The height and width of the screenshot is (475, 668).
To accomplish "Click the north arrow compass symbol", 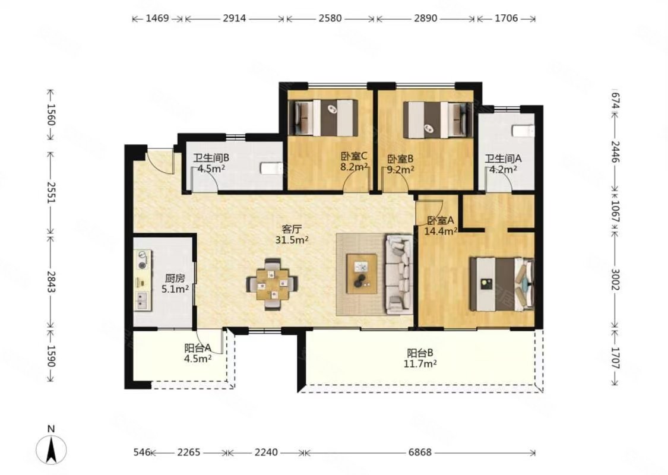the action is pos(51,450).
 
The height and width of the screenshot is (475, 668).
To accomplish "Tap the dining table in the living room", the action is pos(272,284).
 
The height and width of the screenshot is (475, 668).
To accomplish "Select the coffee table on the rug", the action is pos(362,274).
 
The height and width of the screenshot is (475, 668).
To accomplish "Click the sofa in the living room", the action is pos(399,275).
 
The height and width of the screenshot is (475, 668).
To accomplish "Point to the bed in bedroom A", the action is pos(502,284).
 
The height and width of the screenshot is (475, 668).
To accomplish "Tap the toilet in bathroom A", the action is pos(523,131).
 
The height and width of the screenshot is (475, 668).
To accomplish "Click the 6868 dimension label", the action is pos(420,452).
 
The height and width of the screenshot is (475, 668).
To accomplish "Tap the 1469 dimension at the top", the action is pos(157,18).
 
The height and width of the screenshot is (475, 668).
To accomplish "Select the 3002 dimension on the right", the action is pos(615,280).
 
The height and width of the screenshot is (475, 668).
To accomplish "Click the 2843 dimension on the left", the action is pos(51,282).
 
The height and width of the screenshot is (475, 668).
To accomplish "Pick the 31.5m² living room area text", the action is pos(292,240).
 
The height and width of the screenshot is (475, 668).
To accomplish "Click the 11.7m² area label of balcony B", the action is pos(420,363).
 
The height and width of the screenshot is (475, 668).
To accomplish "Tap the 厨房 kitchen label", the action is pos(175,278).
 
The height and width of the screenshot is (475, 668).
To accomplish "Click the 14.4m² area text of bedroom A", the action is pos(441,232).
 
